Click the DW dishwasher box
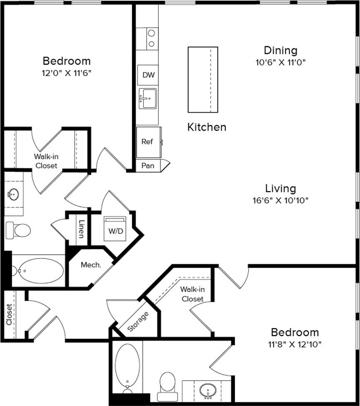148,75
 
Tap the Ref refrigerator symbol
147,142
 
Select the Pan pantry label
148,166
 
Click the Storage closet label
138,321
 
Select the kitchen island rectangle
203,80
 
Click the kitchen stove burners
151,39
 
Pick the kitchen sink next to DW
147,99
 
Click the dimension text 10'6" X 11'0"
281,63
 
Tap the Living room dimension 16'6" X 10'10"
280,200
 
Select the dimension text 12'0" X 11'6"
67,73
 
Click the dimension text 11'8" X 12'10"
295,344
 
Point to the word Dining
281,50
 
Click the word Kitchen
207,127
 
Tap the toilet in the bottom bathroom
167,386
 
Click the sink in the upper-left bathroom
14,194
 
